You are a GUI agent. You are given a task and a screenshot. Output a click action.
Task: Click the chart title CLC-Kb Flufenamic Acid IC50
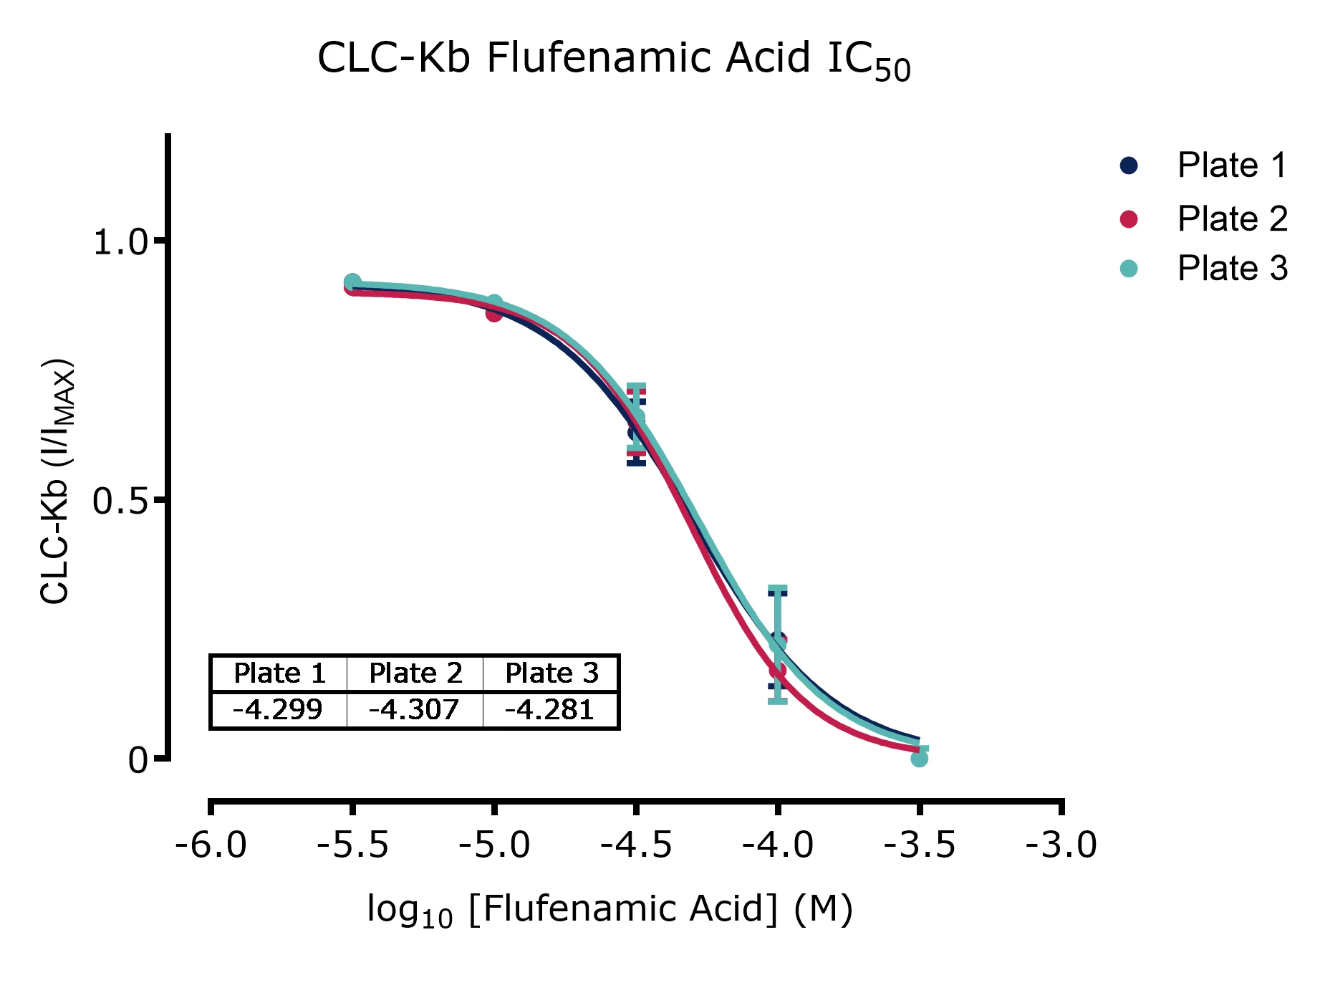pos(613,59)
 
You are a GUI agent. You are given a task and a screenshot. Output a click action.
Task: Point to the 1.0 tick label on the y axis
pos(120,243)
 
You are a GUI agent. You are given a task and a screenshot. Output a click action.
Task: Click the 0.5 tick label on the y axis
pos(120,502)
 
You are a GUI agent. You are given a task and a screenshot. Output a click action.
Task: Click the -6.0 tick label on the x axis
pos(211,845)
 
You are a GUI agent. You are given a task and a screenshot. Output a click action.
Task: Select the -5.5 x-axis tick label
pos(352,845)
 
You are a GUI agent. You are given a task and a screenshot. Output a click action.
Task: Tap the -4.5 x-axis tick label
pos(636,845)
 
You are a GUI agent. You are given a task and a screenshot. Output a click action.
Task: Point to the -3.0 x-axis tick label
pos(1061,845)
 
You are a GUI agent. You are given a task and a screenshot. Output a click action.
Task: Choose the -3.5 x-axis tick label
pos(920,845)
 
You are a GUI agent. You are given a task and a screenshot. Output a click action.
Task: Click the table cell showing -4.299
pos(278,710)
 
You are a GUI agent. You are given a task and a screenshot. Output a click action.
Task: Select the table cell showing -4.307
pos(414,710)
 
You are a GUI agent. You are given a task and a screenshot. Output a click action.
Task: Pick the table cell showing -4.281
pos(550,710)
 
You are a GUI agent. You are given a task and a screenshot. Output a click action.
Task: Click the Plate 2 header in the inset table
pos(415,673)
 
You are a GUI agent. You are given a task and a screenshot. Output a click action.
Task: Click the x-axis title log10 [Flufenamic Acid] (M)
pos(610,910)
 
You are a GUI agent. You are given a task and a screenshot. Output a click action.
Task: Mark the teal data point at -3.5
pos(920,758)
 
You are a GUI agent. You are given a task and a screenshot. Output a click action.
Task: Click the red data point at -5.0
pos(494,313)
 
